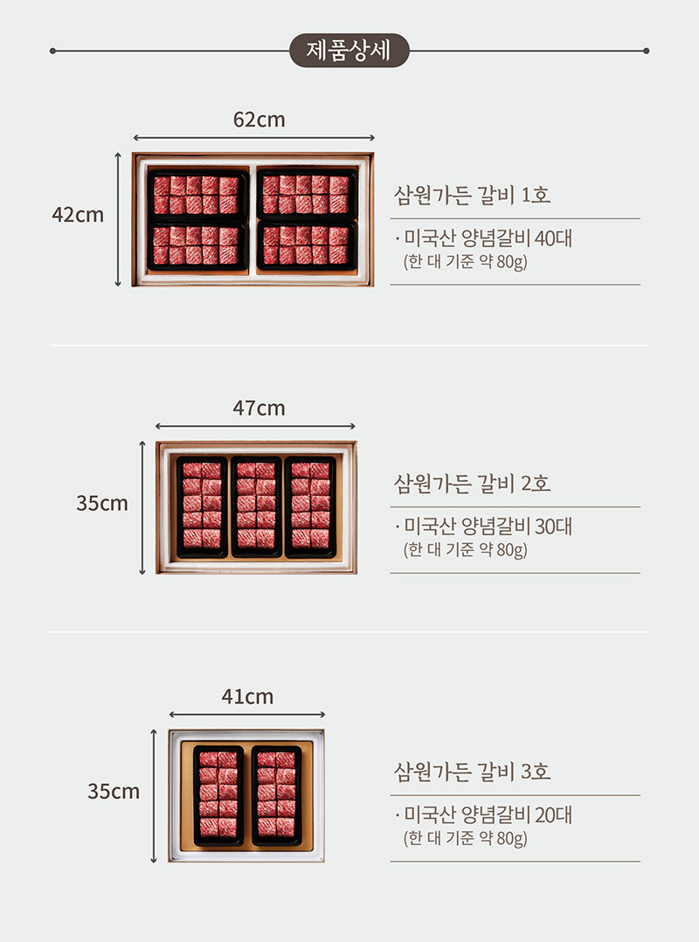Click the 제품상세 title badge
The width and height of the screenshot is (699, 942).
click(x=349, y=51)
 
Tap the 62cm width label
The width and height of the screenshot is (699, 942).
click(x=259, y=120)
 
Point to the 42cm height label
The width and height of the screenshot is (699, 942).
click(x=78, y=215)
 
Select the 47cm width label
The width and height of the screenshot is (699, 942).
click(x=259, y=408)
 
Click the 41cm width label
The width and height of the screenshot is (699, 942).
click(x=247, y=697)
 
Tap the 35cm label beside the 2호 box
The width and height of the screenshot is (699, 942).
click(x=102, y=503)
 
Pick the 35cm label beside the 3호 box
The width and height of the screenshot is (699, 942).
click(x=114, y=791)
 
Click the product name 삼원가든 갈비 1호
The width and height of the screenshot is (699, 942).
click(x=473, y=195)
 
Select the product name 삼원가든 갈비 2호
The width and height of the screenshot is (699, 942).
click(x=473, y=483)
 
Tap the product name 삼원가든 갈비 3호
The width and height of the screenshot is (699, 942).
click(x=473, y=772)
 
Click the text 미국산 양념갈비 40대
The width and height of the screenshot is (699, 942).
click(x=488, y=238)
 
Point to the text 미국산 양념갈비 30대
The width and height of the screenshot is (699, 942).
click(x=488, y=526)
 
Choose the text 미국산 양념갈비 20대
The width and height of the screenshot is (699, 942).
click(x=488, y=815)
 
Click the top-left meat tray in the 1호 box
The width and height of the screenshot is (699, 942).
click(x=197, y=194)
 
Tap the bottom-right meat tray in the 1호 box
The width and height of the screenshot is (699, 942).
click(x=308, y=245)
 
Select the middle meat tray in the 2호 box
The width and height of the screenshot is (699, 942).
click(x=257, y=507)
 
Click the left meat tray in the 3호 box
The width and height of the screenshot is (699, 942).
click(x=218, y=795)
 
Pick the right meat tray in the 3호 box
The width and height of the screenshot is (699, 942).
click(x=276, y=795)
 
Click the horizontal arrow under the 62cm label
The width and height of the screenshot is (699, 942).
click(x=253, y=138)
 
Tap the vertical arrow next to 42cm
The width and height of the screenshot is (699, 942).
click(x=119, y=219)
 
